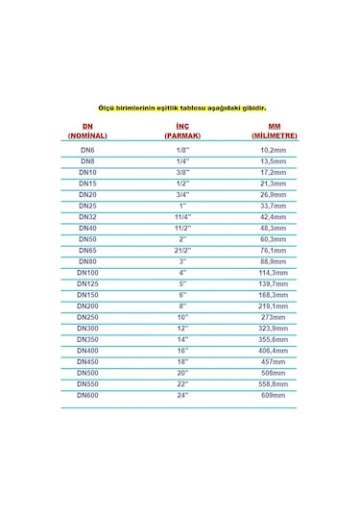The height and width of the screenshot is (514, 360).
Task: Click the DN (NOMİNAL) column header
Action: tap(88, 132)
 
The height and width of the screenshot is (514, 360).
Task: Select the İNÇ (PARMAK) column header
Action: tap(182, 132)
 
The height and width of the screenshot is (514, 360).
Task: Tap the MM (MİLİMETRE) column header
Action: tap(276, 132)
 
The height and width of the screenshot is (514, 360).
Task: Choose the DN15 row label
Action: tap(88, 183)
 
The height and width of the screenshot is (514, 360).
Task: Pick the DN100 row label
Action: tap(88, 274)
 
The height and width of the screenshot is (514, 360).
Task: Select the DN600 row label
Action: tap(88, 396)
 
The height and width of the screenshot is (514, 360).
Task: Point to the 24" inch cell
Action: tap(182, 396)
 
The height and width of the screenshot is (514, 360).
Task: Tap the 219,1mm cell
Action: tap(276, 305)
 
